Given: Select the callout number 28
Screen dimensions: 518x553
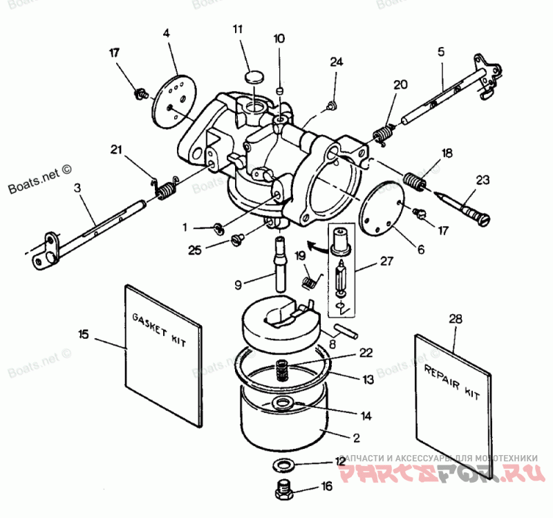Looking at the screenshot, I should coord(455,320).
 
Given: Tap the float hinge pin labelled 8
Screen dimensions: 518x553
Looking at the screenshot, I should coord(344,328).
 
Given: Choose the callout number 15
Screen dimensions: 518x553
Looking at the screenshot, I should coord(83,334).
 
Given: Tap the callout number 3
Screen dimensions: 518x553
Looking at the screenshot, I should coord(77,187).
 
